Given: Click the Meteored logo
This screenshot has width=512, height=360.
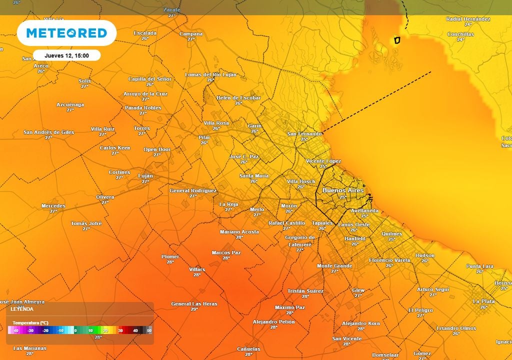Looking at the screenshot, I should pos(66,33).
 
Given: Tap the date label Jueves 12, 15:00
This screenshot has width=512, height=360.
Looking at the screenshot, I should pos(66,55).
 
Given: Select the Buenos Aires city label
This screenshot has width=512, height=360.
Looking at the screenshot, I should pos(342,190).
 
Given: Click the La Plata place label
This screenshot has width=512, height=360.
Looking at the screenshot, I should pos(483,301).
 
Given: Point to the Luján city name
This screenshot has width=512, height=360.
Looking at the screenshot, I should pos(145,176).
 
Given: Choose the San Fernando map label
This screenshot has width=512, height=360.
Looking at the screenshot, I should pos(304,134).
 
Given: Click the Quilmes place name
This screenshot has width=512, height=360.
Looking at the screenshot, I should pos(391,234).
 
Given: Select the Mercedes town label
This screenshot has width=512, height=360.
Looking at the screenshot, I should pos(53,206).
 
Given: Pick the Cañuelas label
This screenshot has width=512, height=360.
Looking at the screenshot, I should pos(248,349).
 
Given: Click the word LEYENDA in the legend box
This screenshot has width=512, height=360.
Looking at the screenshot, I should pos(22,309).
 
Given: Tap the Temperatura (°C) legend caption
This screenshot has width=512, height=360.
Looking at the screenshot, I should pos(30,322).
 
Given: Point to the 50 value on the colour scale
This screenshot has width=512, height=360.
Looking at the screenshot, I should pos(149,330).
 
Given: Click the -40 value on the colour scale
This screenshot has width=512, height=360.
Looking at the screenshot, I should pos(15,330).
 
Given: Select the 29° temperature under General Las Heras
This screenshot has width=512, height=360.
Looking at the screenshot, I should pos(194,309).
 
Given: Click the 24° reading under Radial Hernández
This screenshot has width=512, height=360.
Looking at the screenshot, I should pos(468,24).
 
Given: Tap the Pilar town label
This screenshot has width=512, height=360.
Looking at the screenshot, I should pos(204,137).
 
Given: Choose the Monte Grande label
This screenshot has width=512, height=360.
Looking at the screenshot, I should pos(334,266).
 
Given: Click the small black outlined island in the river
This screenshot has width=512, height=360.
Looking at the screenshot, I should pos(397,40).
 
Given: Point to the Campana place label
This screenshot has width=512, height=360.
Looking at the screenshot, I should pos(191,34).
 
